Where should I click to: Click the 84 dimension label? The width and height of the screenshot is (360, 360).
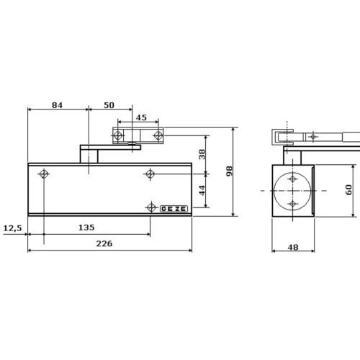[x=57, y=105]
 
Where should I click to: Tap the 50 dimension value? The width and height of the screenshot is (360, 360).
[x=109, y=105]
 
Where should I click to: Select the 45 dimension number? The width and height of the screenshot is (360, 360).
[x=141, y=117]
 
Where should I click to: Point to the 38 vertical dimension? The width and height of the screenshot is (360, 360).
[x=202, y=154]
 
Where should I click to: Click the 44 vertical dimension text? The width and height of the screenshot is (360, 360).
[x=202, y=190]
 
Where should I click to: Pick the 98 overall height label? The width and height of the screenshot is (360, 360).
[x=230, y=171]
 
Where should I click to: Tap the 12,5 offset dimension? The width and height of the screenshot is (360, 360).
[x=12, y=228]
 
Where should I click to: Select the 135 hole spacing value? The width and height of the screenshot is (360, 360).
[x=86, y=228]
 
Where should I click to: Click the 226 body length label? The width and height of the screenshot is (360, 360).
[x=104, y=243]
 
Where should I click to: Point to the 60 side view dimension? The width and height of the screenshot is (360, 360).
[x=348, y=189]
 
